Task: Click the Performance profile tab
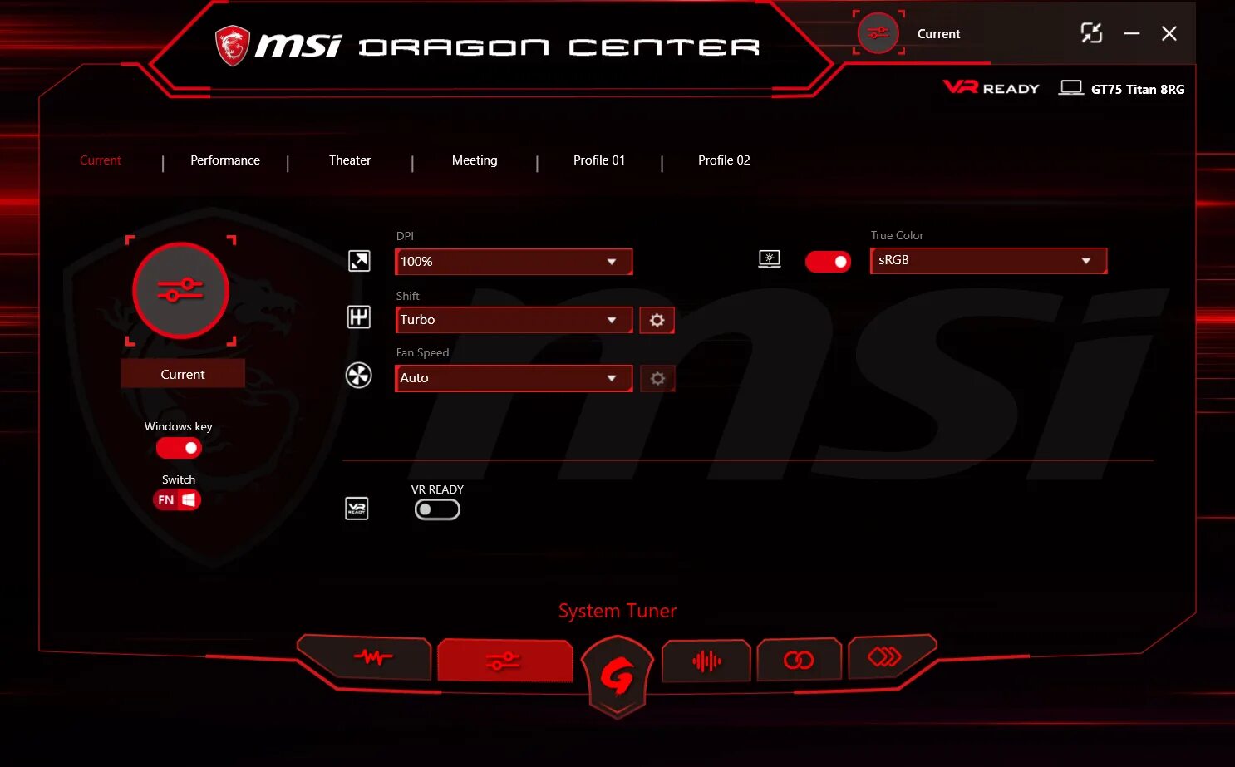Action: click(224, 160)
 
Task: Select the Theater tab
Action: click(350, 160)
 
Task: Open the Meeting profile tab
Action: click(475, 160)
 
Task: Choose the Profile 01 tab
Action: click(598, 160)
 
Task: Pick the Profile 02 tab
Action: click(724, 160)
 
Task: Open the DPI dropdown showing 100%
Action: click(513, 262)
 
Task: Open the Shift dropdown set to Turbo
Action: click(513, 320)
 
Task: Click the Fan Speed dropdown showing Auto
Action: click(513, 378)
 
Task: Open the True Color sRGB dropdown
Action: click(988, 260)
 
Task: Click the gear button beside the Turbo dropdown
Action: click(657, 320)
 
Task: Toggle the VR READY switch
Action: click(437, 509)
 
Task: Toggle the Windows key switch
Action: click(179, 448)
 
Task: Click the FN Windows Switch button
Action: click(177, 499)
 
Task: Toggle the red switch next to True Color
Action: click(828, 262)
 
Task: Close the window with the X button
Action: click(1169, 33)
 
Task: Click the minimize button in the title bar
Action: click(1131, 33)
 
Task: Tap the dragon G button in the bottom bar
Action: click(617, 676)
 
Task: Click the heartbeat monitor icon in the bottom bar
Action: click(372, 657)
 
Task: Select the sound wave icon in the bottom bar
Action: click(706, 661)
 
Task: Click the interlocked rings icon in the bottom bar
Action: click(799, 660)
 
